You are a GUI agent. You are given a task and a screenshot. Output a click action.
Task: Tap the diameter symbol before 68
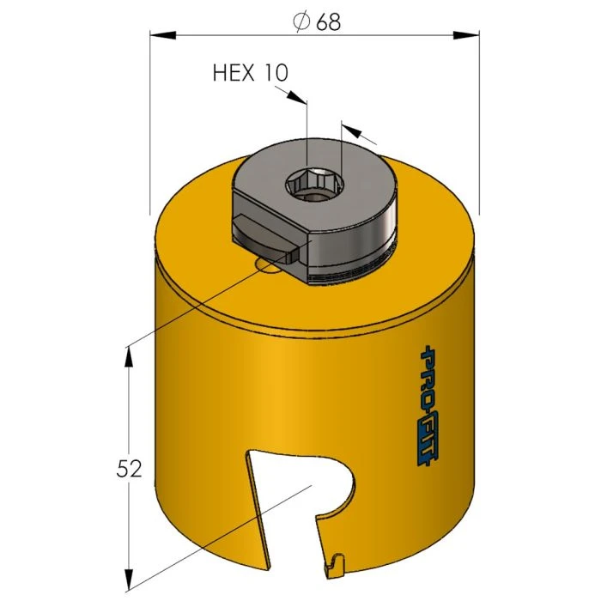[x=301, y=22]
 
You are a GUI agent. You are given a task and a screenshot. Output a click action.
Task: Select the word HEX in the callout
[x=234, y=73]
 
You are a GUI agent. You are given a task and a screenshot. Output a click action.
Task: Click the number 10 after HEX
[x=276, y=73]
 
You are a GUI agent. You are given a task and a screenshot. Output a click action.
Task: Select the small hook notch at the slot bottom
[x=334, y=564]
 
